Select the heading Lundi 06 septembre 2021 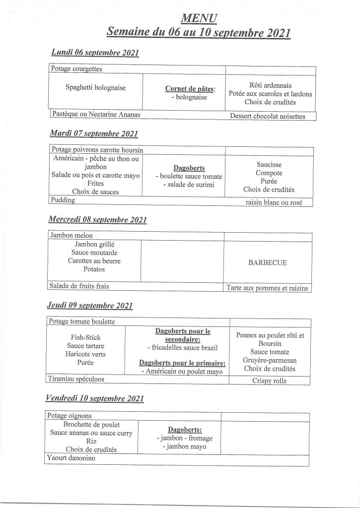tap(95, 53)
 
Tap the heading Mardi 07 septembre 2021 tap(94, 133)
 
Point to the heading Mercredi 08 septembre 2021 tap(98, 219)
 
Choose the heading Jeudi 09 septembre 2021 tap(90, 306)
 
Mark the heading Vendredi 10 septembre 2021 tap(95, 398)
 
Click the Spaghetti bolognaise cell tap(96, 88)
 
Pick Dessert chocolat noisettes tap(267, 117)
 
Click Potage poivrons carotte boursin tap(98, 149)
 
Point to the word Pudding tap(63, 200)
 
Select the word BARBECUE tap(267, 263)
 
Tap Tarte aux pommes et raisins tap(267, 288)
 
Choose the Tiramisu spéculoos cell tap(79, 379)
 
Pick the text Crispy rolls tap(270, 381)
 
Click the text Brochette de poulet tap(92, 425)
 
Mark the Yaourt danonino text tap(71, 458)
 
